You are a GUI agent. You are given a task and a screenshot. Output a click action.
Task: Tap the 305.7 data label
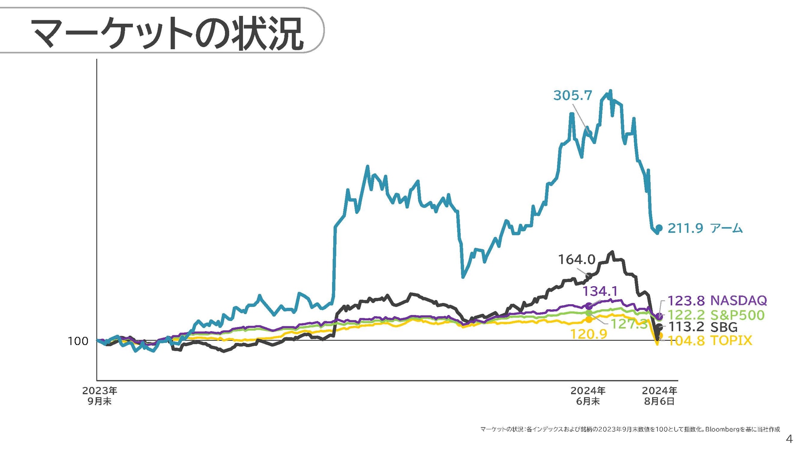click(572, 95)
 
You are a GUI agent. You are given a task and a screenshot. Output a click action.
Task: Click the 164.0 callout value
click(577, 260)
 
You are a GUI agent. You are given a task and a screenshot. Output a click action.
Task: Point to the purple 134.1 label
click(600, 291)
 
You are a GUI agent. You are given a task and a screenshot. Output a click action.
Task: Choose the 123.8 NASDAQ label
click(717, 300)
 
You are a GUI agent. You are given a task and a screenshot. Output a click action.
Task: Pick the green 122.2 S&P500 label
click(716, 315)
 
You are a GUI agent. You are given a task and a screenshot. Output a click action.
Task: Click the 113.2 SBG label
click(703, 327)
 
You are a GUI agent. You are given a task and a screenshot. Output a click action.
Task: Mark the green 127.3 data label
click(629, 324)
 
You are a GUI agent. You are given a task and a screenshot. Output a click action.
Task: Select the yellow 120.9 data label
click(588, 334)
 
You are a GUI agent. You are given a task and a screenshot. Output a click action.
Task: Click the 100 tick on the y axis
click(78, 341)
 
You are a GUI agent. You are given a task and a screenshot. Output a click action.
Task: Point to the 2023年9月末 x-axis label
click(100, 396)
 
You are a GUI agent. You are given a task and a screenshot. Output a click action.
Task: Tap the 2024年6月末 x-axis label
click(588, 396)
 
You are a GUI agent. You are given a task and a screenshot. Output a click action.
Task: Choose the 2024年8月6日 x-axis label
click(659, 396)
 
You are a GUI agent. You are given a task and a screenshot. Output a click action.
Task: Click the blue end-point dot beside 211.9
click(659, 228)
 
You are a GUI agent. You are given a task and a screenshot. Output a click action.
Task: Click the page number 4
click(789, 439)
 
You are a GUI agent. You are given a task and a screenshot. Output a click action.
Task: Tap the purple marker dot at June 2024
click(589, 306)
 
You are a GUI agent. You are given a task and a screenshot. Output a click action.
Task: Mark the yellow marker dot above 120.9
click(589, 320)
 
